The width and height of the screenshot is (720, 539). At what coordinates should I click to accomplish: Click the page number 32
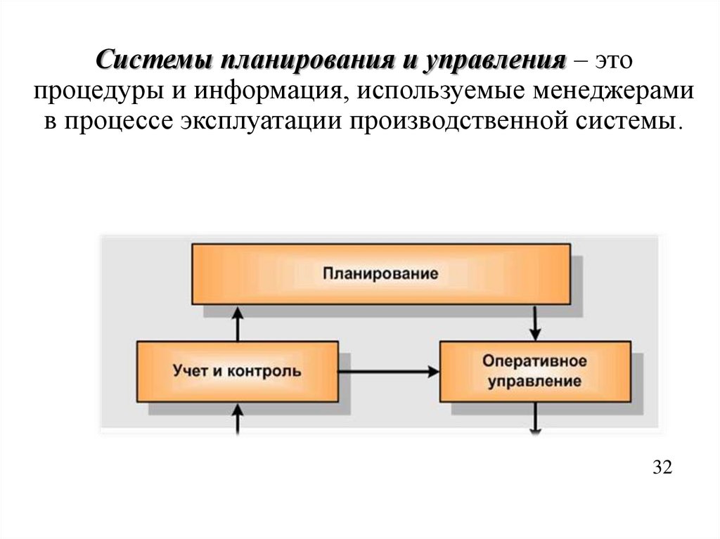[x=662, y=467]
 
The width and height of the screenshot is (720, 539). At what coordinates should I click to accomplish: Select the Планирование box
[x=380, y=273]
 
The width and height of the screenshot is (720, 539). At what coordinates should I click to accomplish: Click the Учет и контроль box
[x=236, y=370]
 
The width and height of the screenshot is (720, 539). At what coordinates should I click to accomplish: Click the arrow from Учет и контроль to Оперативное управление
[x=389, y=370]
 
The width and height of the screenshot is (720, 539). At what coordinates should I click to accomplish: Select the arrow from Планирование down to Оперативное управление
[x=536, y=323]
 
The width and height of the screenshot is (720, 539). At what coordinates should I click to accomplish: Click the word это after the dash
[x=615, y=61]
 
